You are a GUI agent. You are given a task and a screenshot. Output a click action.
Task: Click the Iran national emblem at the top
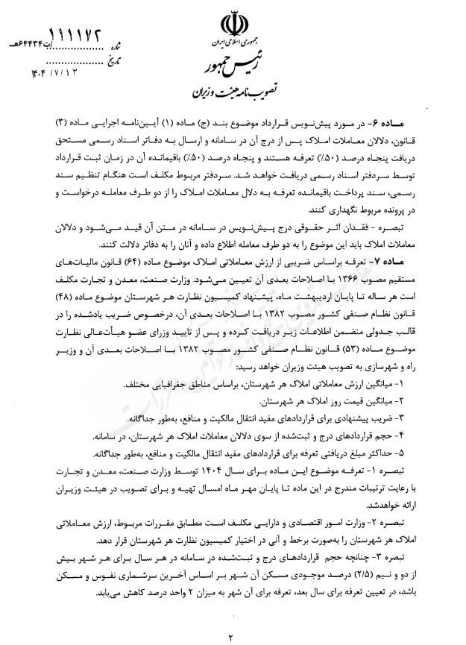[x=233, y=28]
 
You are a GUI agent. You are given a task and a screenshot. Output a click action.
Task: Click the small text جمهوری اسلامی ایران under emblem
[x=233, y=46]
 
